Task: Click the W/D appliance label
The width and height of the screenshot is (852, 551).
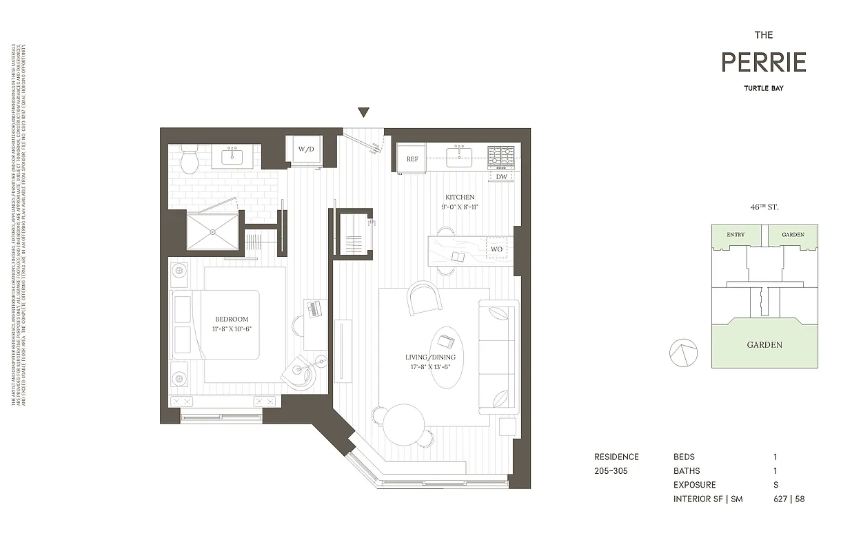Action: coord(305,149)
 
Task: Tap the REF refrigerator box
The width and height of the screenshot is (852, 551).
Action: coord(412,159)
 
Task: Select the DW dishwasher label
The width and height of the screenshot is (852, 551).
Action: coord(502,177)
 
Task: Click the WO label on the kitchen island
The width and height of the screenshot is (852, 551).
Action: coord(496,248)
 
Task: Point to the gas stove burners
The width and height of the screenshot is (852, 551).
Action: coord(501,158)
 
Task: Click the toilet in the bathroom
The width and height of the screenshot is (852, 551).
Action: coord(189,161)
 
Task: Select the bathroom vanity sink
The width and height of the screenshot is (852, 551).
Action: coord(236,158)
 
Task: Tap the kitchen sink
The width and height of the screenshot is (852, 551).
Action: coord(458,158)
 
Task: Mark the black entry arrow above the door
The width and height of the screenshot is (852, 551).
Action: coord(363,113)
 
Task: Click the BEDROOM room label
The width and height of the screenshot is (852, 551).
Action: coord(232,319)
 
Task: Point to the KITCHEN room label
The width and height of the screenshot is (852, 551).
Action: coord(458,198)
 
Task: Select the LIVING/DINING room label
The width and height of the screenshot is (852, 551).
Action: coord(428,357)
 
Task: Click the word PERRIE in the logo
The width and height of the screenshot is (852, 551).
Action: coord(763,63)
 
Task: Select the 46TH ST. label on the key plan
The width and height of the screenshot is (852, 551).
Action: coord(764,207)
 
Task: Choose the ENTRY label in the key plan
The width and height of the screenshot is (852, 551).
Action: coord(736,235)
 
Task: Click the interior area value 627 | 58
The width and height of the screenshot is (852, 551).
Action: coord(789,499)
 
